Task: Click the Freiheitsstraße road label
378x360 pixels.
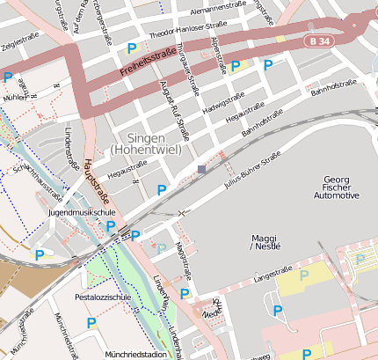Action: pyautogui.click(x=147, y=62)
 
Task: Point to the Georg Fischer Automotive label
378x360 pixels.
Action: pyautogui.click(x=337, y=187)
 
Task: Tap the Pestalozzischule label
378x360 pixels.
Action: pyautogui.click(x=103, y=298)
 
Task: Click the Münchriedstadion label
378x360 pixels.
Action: pyautogui.click(x=135, y=354)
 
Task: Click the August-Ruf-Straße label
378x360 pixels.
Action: pyautogui.click(x=176, y=110)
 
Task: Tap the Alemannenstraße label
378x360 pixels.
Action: pyautogui.click(x=217, y=5)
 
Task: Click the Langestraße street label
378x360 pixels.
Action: pyautogui.click(x=272, y=276)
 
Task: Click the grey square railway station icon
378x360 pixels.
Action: pyautogui.click(x=201, y=169)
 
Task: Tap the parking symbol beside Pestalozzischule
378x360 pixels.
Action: pyautogui.click(x=91, y=325)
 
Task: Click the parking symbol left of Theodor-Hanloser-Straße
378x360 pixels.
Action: pyautogui.click(x=132, y=48)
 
